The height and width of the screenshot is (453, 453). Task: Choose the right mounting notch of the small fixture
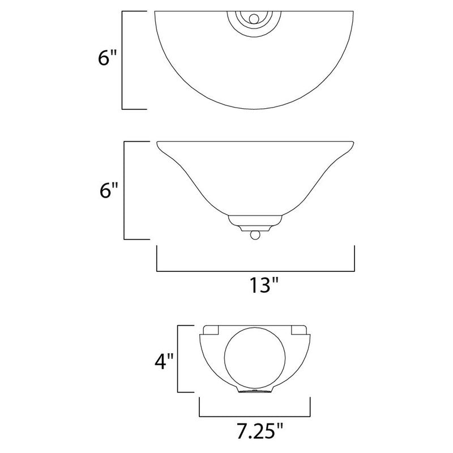pyautogui.click(x=298, y=330)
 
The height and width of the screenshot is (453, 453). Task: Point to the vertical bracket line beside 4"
pyautogui.click(x=179, y=359)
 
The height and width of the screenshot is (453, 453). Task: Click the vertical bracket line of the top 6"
pyautogui.click(x=123, y=59)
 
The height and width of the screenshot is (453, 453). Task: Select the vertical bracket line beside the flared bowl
pyautogui.click(x=124, y=190)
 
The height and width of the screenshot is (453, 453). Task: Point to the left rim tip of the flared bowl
pyautogui.click(x=157, y=143)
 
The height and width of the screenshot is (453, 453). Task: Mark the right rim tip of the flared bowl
pyautogui.click(x=353, y=143)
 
